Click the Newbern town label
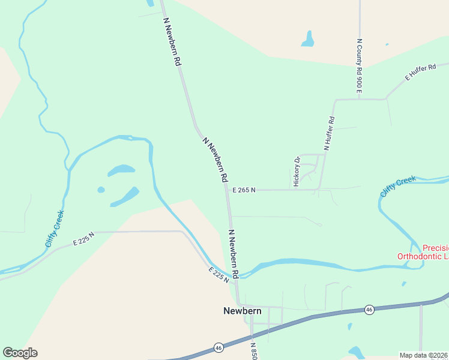[x=243, y=311]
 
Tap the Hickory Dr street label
[x=297, y=172]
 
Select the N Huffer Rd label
[x=328, y=133]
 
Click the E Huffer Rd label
[x=421, y=72]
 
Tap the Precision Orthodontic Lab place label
[x=423, y=252]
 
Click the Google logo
[x=20, y=352]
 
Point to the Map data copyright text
[x=424, y=355]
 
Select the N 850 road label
[x=254, y=350]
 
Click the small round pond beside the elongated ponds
[x=101, y=190]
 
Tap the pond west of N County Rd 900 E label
[x=308, y=40]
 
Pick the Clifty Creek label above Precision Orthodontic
[x=397, y=187]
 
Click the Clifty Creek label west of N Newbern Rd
[x=55, y=229]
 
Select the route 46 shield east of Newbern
[x=369, y=310]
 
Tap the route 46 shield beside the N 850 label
[x=219, y=347]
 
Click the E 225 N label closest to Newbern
[x=219, y=275]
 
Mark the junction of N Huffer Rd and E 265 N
[x=319, y=190]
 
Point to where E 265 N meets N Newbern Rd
[x=227, y=190]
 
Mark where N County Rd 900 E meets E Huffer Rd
[x=360, y=98]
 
